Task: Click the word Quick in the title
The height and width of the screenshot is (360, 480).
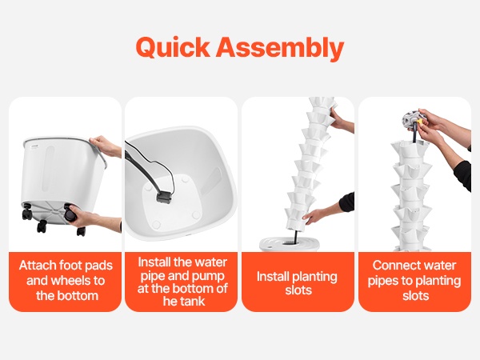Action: [x=173, y=47]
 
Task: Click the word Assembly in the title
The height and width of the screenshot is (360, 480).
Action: [x=280, y=48]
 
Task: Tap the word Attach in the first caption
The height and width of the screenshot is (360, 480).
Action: [x=38, y=265]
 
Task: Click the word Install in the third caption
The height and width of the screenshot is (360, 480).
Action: [x=273, y=277]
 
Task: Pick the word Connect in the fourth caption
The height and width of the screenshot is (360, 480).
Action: [x=393, y=265]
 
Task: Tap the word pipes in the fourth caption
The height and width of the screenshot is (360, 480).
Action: [x=382, y=281]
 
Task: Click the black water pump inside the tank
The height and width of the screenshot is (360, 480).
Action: [x=164, y=197]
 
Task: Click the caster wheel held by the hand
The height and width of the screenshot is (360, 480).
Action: [x=69, y=214]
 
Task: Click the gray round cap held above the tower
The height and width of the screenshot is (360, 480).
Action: [x=411, y=119]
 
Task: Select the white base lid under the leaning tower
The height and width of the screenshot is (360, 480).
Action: [x=290, y=244]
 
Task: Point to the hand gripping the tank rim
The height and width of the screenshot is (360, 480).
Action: [x=106, y=146]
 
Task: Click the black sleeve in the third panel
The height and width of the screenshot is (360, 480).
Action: [x=347, y=202]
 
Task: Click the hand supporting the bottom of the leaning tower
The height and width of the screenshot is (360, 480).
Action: [x=314, y=216]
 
